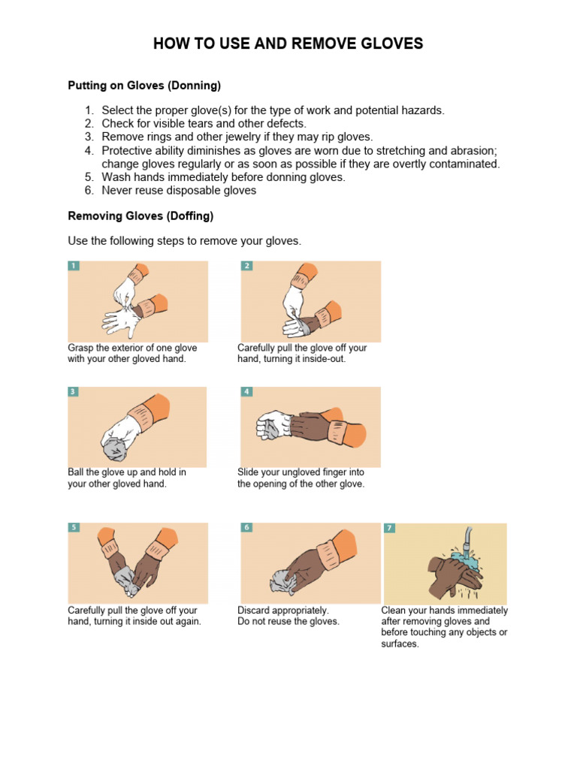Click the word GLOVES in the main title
391,44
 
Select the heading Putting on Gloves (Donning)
144,86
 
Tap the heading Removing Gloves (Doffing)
140,216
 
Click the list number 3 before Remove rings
89,137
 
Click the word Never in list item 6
116,190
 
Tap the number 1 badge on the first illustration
73,266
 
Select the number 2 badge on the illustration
246,266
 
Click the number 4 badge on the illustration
246,391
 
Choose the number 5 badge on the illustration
74,527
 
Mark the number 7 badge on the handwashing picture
390,528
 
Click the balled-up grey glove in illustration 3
115,449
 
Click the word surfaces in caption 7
400,644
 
